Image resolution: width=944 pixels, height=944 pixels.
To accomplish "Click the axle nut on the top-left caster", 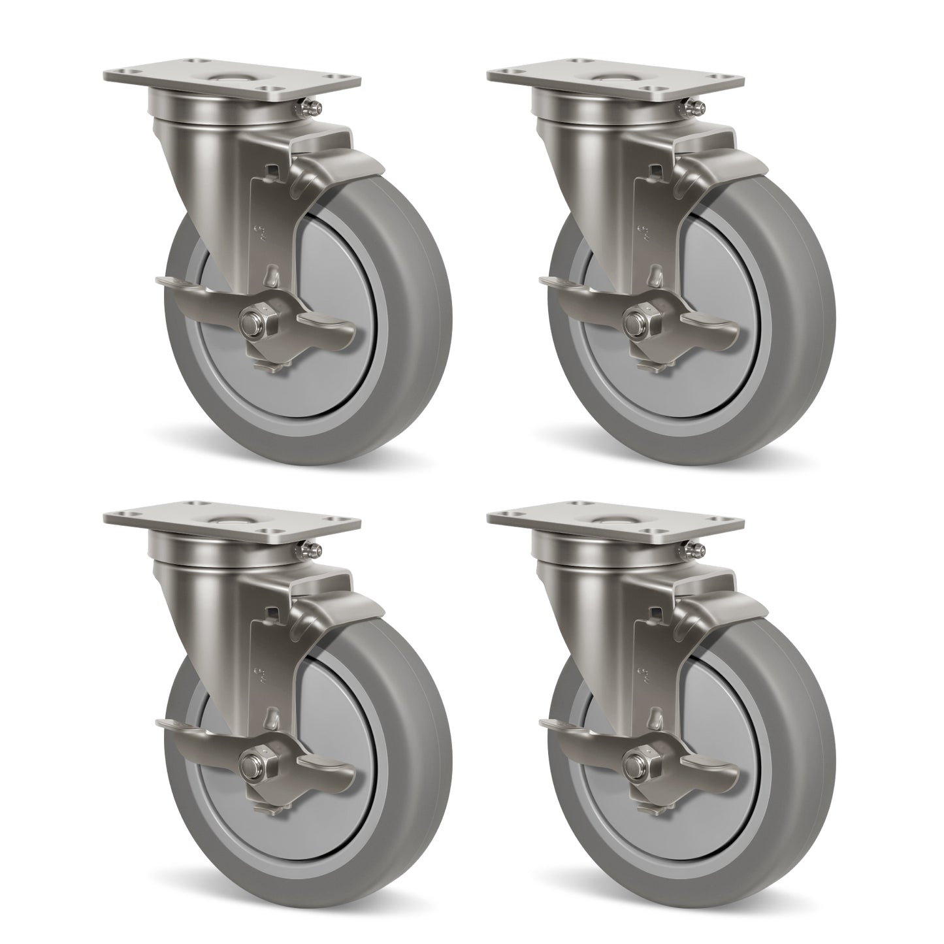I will coord(251,322).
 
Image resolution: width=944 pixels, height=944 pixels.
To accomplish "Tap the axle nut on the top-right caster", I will coord(634,322).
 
